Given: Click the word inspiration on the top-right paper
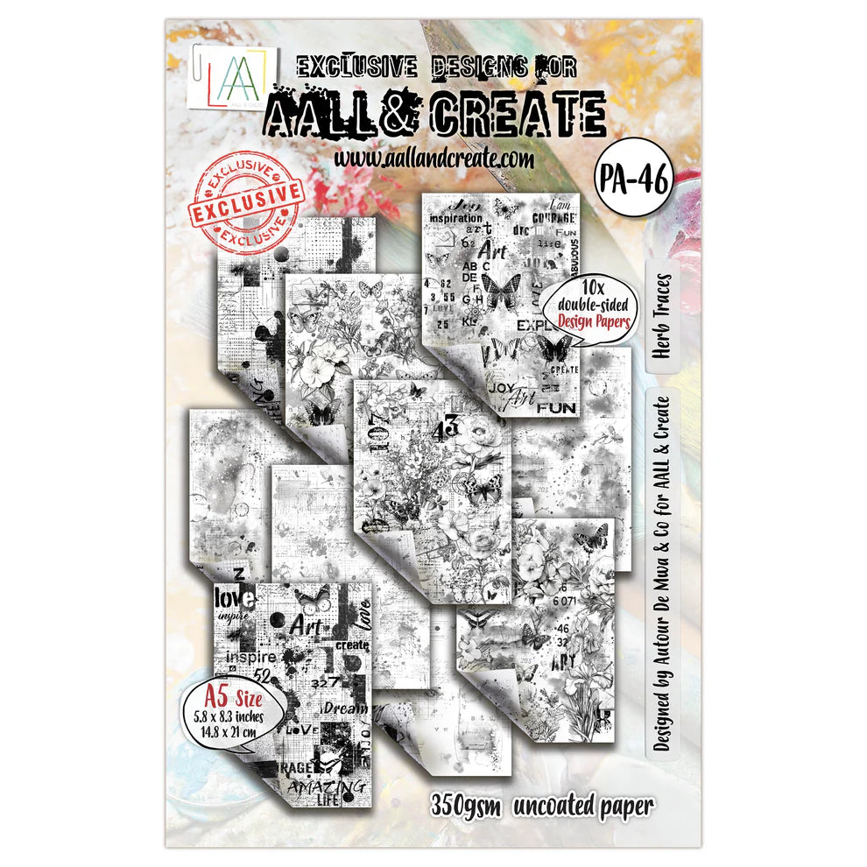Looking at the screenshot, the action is [x=457, y=219].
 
